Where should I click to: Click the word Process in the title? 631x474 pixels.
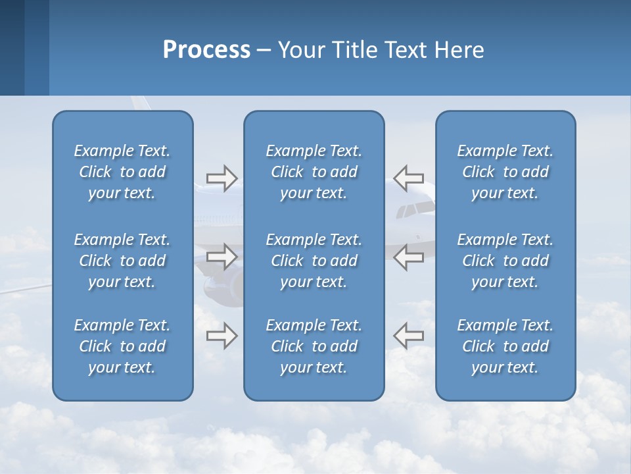coord(206,50)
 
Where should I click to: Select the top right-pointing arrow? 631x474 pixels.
coord(222,178)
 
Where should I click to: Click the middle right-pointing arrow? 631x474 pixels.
coord(222,256)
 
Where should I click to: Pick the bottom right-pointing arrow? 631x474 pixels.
coord(222,335)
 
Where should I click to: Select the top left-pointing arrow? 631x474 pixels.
coord(408,178)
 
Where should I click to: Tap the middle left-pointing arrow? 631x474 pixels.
coord(408,256)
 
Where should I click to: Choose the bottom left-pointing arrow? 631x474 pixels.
coord(408,335)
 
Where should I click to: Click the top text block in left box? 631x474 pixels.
coord(122,172)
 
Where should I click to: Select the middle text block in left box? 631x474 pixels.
coord(122,261)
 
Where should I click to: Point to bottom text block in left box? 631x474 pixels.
coord(122,346)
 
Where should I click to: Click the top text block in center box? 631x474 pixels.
coord(314,172)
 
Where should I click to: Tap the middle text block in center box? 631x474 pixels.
coord(314,261)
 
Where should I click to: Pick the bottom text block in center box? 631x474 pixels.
coord(314,346)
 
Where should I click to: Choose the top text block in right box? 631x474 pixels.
coord(505,172)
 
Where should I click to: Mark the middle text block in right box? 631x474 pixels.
coord(505,261)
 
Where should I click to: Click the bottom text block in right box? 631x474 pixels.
coord(505,346)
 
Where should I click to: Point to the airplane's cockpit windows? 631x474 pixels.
coord(415,210)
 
